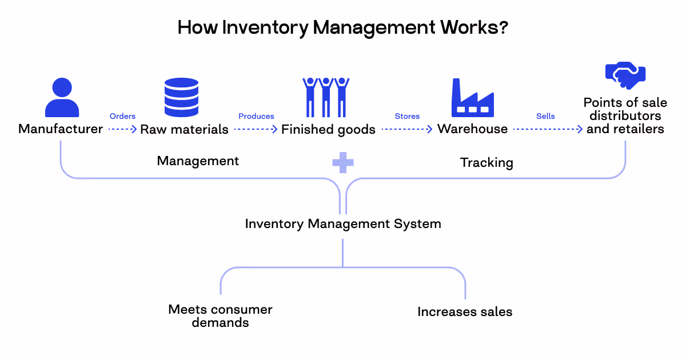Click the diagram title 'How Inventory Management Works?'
(x=342, y=27)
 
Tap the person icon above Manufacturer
(x=62, y=98)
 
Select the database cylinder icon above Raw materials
(x=181, y=98)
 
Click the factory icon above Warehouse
(x=472, y=98)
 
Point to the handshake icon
(x=625, y=76)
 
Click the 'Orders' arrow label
(x=122, y=117)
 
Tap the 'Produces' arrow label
(x=256, y=117)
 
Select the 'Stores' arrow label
(x=407, y=117)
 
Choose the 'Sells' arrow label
(x=545, y=117)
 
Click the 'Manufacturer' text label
(x=61, y=129)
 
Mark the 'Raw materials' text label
(x=184, y=130)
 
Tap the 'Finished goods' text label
(x=328, y=130)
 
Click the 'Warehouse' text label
(x=472, y=129)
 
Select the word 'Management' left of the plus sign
(x=198, y=161)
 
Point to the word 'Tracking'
(x=486, y=163)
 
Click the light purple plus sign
(x=343, y=162)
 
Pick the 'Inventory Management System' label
(x=343, y=223)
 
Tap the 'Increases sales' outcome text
(x=465, y=312)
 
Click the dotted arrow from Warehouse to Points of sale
(x=548, y=129)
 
